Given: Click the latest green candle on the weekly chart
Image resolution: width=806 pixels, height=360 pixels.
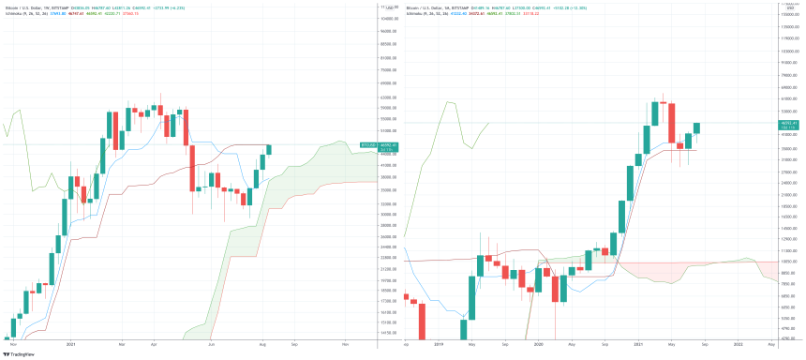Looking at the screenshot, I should point(269,149).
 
